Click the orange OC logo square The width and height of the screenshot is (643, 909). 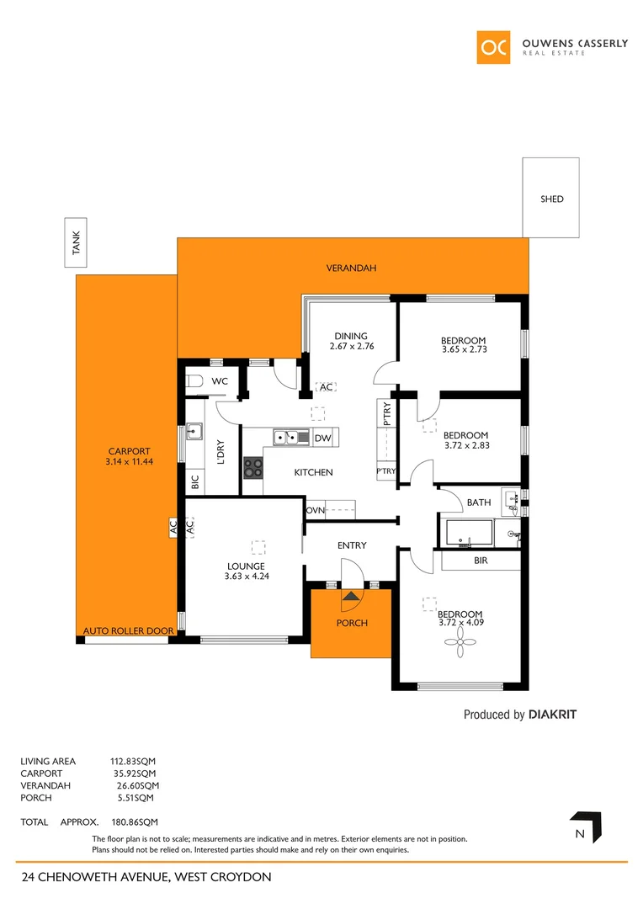pos(493,47)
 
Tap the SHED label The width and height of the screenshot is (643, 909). pos(551,199)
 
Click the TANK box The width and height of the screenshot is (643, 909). pos(77,244)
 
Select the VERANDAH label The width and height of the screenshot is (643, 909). pos(351,268)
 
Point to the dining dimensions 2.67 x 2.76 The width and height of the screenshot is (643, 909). pos(351,346)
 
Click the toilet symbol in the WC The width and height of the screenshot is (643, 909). pos(194,381)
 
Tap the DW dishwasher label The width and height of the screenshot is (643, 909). pos(322,439)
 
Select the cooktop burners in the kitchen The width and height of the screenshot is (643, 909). pos(252,465)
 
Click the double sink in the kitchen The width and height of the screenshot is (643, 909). pos(291,437)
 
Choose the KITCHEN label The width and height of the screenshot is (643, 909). pos(313,473)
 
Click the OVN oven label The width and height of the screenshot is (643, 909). pos(315,510)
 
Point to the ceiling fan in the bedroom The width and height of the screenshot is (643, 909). pos(460,646)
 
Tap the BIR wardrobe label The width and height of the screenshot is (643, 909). pos(481,560)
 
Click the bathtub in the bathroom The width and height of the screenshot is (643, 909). pos(467,533)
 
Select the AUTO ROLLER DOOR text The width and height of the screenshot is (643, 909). pos(128,631)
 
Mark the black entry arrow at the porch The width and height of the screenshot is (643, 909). pos(351,596)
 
